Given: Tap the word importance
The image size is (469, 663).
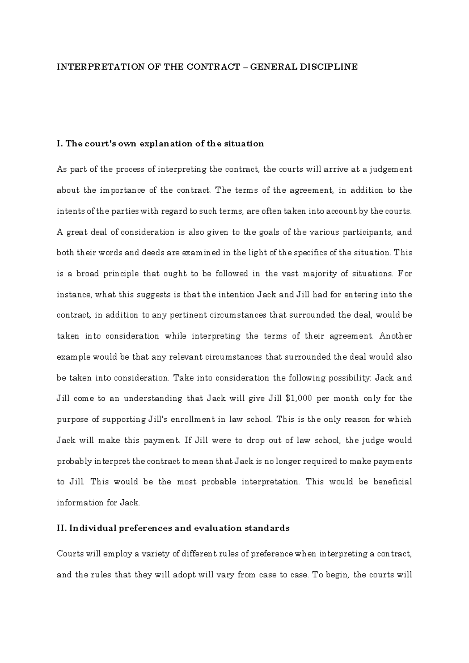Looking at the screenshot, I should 122,190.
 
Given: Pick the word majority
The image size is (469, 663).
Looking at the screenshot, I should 315,274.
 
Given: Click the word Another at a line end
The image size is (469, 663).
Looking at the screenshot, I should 396,336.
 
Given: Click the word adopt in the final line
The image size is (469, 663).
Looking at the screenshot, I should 184,575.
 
